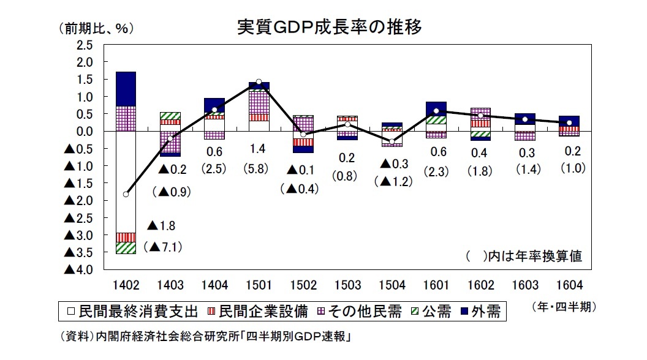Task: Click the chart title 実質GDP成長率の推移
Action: (x=330, y=28)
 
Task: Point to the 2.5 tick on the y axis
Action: (x=84, y=45)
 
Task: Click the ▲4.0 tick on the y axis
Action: (x=80, y=270)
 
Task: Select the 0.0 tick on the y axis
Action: (x=84, y=132)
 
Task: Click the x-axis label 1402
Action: (x=126, y=285)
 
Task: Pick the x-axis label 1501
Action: (x=259, y=285)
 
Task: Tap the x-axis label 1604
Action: (x=569, y=285)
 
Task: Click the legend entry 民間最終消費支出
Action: (x=132, y=312)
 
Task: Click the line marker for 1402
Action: (x=126, y=194)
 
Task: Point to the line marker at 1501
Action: (x=259, y=81)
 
